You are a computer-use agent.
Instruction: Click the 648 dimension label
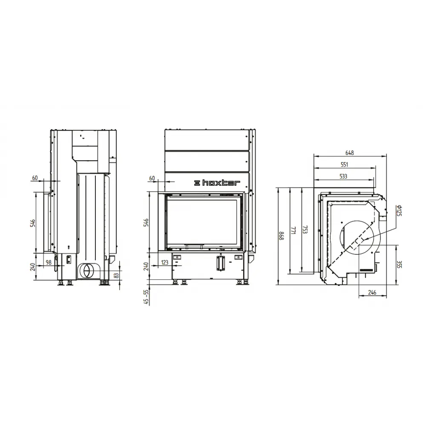349,153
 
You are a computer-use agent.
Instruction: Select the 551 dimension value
344,164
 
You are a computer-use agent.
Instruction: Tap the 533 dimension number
343,176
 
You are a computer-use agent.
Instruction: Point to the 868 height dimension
282,236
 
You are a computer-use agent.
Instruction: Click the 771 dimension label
294,230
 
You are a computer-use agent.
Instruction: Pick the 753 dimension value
305,230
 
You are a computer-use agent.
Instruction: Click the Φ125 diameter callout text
399,210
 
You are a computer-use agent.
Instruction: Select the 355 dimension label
399,265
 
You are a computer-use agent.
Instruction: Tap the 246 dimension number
372,292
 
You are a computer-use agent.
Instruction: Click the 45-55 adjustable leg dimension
147,296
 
